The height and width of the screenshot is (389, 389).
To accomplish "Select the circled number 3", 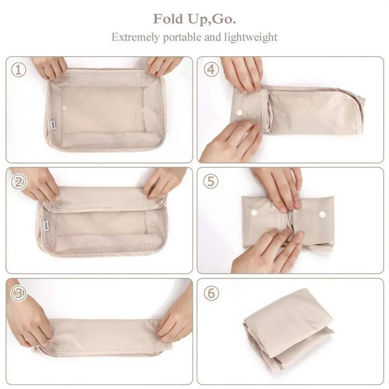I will [x=18, y=293].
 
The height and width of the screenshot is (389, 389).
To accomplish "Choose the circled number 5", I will [x=211, y=182].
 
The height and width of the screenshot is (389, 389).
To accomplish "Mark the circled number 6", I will [x=211, y=293].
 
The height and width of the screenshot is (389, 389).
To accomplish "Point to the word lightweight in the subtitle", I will [x=251, y=37].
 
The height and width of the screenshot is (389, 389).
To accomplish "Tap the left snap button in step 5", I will [x=254, y=213].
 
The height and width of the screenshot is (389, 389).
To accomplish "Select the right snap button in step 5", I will [x=322, y=214].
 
